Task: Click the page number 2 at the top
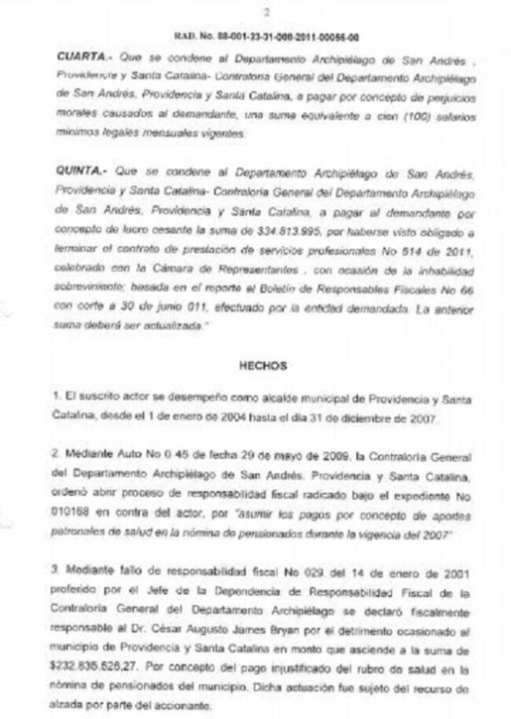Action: pyautogui.click(x=268, y=13)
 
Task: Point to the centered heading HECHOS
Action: pyautogui.click(x=265, y=365)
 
